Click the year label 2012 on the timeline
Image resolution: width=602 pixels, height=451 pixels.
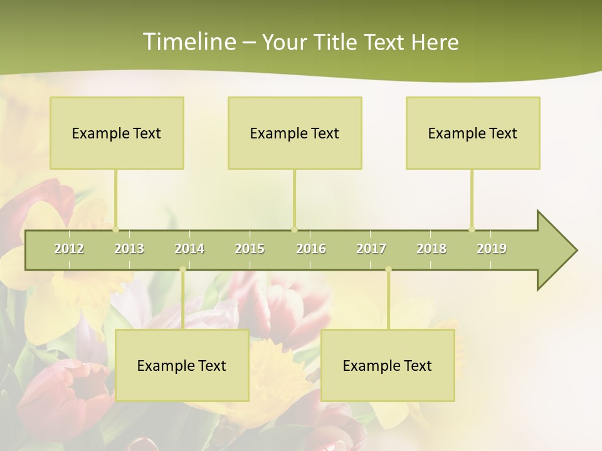click(x=69, y=249)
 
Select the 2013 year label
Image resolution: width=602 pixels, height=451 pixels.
click(x=129, y=249)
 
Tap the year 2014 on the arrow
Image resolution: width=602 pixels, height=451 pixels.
click(x=189, y=249)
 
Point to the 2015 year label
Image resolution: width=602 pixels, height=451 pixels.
click(x=250, y=249)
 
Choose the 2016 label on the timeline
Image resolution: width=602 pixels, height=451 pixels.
click(x=311, y=249)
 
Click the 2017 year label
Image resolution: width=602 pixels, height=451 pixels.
click(x=371, y=249)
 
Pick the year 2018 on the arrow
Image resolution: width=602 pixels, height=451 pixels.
click(x=431, y=249)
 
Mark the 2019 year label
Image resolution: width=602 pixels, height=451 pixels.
click(x=492, y=249)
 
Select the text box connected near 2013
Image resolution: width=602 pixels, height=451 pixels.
click(x=117, y=133)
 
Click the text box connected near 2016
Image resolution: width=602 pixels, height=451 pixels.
click(x=295, y=133)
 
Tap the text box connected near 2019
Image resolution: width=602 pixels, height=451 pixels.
click(x=473, y=133)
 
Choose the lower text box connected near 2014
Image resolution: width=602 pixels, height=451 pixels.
click(x=182, y=365)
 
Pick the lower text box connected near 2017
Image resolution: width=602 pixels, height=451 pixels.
click(x=388, y=365)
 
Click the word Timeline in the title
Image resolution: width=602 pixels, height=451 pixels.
click(x=189, y=42)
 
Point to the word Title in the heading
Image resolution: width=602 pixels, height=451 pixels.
click(x=337, y=42)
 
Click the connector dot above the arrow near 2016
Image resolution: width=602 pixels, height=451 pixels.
click(x=295, y=229)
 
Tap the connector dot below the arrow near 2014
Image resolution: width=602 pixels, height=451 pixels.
click(x=182, y=269)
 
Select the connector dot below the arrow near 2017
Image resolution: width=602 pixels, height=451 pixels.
click(x=388, y=269)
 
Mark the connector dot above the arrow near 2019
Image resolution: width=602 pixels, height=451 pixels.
click(x=472, y=229)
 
